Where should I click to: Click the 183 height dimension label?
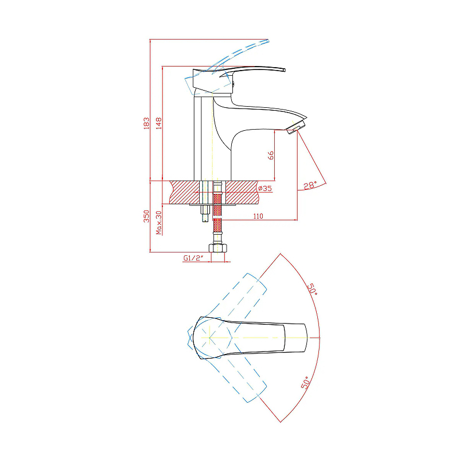coord(146,123)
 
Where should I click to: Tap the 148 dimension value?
coord(159,123)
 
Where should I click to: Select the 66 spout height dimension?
coord(271,155)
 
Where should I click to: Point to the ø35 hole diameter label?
coord(264,188)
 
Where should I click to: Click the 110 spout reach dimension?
coord(258,216)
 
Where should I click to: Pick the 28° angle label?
coord(310,185)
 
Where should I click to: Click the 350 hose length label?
coord(146,216)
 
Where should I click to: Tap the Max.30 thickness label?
coord(159,223)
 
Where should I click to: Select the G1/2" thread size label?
coord(193,258)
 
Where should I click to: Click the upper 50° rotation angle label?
coord(312,289)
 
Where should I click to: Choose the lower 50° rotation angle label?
coord(305,383)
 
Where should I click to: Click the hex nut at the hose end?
coord(218,248)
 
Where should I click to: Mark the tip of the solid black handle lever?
coord(284,70)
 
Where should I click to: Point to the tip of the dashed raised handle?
coord(267,41)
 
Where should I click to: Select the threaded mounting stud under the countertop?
coord(205,213)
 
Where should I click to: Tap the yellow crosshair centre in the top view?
coord(209,337)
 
